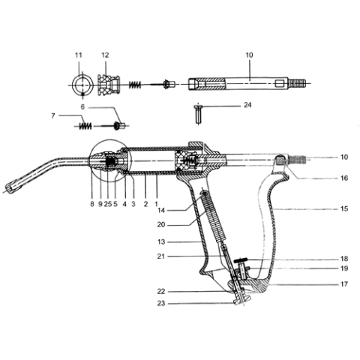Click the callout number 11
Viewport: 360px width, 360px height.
(x=79, y=55)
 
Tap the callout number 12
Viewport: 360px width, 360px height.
(x=105, y=55)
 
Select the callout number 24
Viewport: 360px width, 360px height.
(x=247, y=105)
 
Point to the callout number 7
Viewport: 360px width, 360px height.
(x=53, y=116)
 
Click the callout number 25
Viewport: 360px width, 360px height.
(x=108, y=204)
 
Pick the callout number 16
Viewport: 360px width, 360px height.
(x=344, y=178)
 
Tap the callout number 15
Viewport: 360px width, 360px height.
(x=344, y=208)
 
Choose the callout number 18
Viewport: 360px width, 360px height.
(x=344, y=259)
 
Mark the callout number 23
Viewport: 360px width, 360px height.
(x=161, y=303)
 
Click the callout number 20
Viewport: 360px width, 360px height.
(x=161, y=225)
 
